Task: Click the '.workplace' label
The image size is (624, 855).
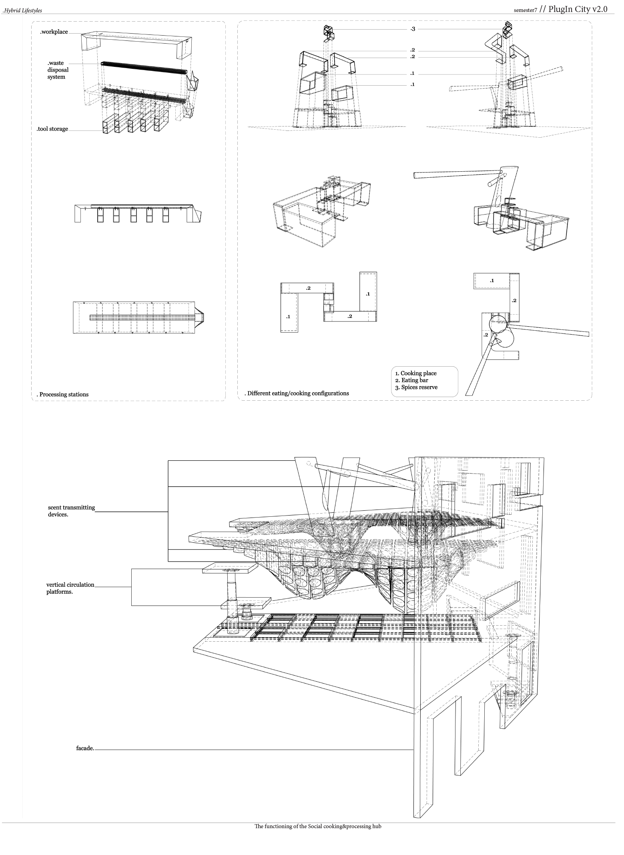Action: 54,32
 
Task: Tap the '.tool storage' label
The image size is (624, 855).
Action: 52,129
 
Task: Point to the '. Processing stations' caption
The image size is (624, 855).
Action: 62,394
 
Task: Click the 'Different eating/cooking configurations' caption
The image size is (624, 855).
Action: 298,393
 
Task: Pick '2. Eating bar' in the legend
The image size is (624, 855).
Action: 411,380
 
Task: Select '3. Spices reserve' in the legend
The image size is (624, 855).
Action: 416,387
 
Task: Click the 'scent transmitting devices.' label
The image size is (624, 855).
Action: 71,511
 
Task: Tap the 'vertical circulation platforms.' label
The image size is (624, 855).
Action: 70,588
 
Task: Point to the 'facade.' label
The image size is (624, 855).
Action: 85,748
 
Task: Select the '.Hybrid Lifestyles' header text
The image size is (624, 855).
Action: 22,10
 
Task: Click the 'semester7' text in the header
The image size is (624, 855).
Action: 525,10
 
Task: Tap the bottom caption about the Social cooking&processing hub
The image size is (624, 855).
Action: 318,826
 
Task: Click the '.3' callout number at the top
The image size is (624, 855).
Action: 413,29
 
